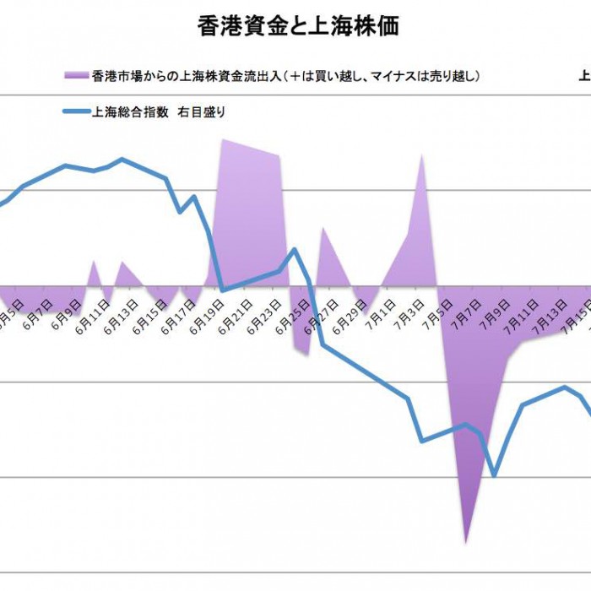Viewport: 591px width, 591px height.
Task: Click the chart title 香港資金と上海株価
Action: click(298, 26)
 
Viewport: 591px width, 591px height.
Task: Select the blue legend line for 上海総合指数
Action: click(76, 111)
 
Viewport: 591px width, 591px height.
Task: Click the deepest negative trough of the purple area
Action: click(465, 541)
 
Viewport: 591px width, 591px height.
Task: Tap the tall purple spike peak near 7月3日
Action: click(422, 155)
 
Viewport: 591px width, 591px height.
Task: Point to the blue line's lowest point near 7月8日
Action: click(494, 475)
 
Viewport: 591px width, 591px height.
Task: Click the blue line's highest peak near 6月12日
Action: click(123, 159)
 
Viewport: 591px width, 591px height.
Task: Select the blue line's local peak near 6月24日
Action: click(294, 249)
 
